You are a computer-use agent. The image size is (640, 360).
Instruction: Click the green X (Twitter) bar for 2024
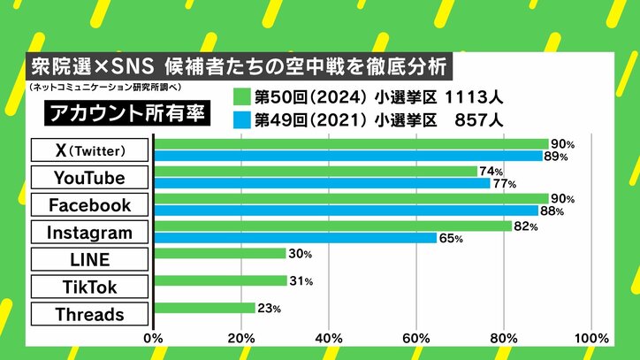point(351,143)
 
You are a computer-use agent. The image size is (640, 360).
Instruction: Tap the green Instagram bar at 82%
point(333,226)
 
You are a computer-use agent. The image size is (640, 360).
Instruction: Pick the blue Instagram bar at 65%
point(295,238)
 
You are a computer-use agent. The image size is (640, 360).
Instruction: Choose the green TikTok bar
point(222,281)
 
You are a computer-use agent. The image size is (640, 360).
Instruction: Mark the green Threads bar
point(204,309)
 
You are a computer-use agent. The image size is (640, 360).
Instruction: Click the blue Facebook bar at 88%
point(346,211)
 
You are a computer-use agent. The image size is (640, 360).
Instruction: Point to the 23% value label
point(269,310)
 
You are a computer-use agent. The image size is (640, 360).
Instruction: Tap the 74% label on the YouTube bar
point(492,172)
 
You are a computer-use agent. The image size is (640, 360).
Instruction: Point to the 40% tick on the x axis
point(329,338)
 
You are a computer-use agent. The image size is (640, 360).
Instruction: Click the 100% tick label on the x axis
point(590,338)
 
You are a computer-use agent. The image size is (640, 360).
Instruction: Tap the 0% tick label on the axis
point(154,338)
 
